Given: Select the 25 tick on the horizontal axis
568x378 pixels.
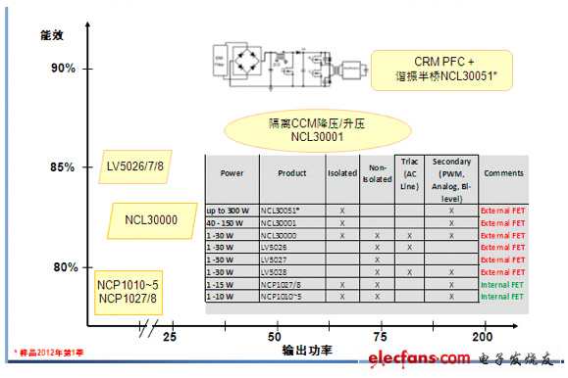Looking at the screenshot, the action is pos(169,337).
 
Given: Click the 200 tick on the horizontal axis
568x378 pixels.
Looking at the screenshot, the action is pos(481,337).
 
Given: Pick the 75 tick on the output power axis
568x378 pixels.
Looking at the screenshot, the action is pos(380,337).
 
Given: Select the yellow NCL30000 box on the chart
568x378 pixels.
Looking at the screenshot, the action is pos(151,220).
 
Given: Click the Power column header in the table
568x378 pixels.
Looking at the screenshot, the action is pos(232,173).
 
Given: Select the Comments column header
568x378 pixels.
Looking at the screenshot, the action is pos(504,173).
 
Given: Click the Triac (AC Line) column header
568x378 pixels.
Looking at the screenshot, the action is pos(409,173).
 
